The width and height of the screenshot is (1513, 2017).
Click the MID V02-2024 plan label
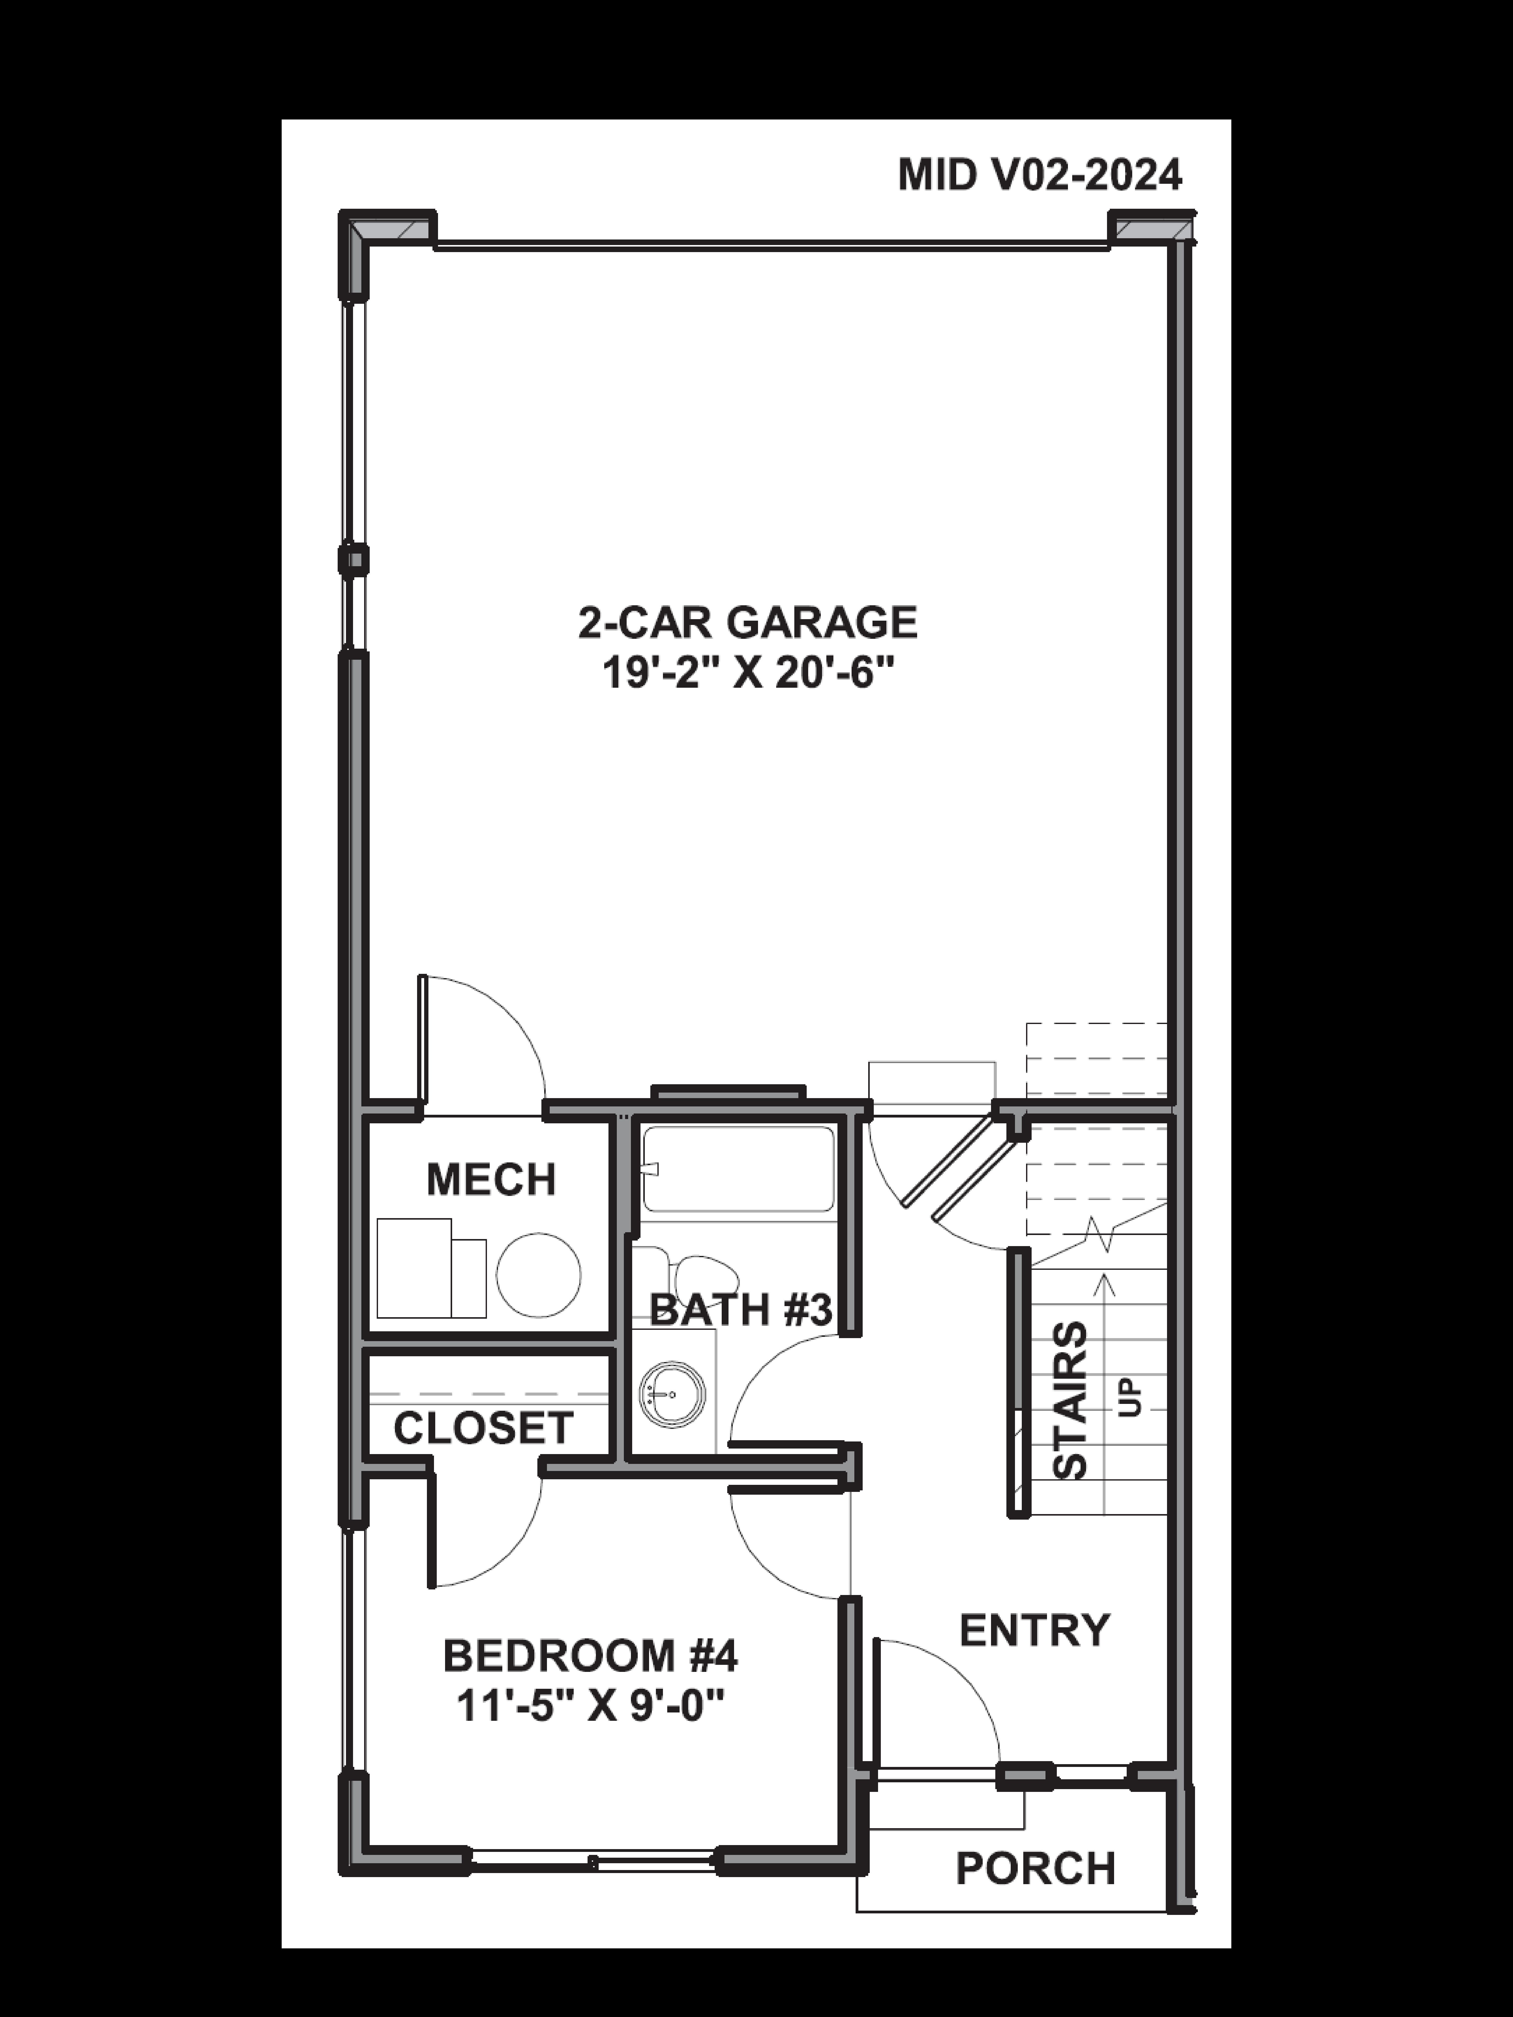pos(1040,175)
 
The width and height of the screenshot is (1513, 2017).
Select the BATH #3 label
pos(741,1310)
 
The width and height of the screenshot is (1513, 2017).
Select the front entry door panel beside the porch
pos(877,1701)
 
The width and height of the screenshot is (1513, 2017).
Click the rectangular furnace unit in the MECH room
pos(415,1268)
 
